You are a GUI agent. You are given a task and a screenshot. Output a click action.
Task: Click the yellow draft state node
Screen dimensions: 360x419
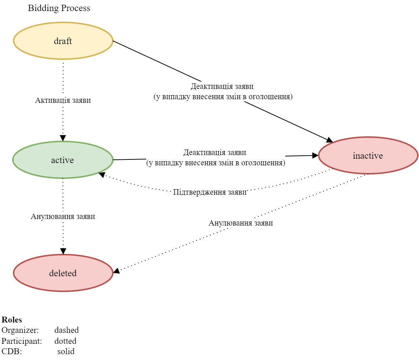(x=63, y=41)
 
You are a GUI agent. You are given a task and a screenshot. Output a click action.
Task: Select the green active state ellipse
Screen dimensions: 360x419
(x=63, y=160)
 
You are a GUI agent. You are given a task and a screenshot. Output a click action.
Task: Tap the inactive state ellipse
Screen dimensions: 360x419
(x=368, y=155)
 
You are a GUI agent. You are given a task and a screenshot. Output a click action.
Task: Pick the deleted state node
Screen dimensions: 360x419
(x=63, y=273)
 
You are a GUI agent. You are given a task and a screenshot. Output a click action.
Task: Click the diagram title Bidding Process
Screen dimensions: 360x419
(x=59, y=8)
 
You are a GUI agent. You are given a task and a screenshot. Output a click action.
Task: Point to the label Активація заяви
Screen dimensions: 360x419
(x=63, y=100)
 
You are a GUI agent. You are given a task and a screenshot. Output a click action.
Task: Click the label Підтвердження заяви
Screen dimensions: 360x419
(x=209, y=192)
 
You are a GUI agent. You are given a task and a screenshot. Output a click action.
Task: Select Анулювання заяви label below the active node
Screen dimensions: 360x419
(x=63, y=216)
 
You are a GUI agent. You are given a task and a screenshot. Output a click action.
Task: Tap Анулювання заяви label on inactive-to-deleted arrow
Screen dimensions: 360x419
(x=241, y=223)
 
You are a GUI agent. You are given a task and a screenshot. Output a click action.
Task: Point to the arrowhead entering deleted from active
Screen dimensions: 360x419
(x=63, y=252)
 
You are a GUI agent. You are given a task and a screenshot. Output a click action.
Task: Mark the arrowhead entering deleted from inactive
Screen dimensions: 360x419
(x=116, y=271)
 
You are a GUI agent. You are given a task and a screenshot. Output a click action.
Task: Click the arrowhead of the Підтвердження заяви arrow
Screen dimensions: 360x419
(x=102, y=174)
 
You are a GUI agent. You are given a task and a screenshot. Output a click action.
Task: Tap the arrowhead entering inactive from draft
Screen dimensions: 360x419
(x=330, y=140)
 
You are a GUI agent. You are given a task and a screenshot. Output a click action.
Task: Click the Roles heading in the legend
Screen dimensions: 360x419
(x=12, y=320)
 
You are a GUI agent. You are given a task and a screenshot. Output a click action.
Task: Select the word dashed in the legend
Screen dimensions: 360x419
(x=67, y=330)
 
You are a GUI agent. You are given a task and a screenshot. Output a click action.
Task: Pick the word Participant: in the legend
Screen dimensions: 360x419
(x=22, y=341)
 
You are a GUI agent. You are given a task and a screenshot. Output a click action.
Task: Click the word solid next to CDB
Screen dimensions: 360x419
(x=66, y=351)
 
